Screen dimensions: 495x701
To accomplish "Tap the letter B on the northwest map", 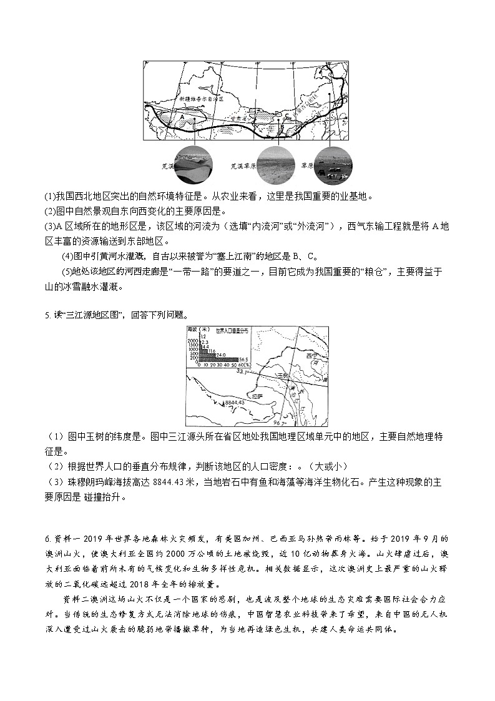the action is (282, 125).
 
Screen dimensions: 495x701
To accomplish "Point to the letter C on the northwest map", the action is (287, 117).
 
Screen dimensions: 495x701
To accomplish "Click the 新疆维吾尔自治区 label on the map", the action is (201, 99).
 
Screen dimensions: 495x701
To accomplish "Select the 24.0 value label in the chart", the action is (221, 354).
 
